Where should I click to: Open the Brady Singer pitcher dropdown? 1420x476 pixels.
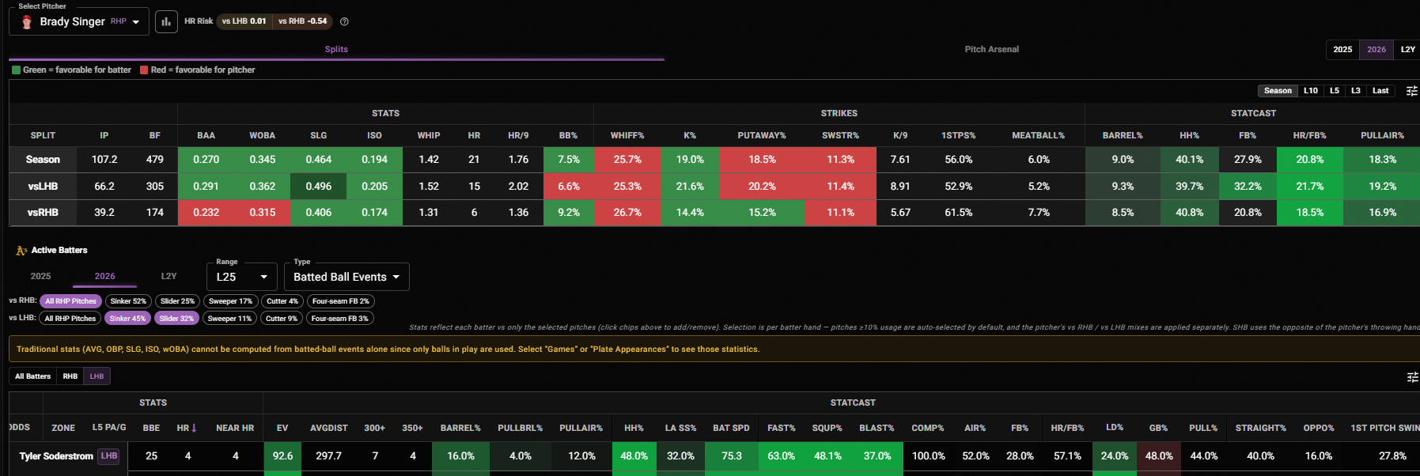click(78, 21)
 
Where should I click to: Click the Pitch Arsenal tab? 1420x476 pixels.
click(991, 49)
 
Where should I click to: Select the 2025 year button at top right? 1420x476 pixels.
click(1342, 49)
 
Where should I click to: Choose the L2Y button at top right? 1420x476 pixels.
click(1408, 49)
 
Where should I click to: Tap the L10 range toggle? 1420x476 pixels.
click(1311, 91)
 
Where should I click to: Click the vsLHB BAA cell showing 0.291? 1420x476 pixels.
click(206, 187)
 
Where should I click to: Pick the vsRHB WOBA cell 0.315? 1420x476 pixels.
click(263, 213)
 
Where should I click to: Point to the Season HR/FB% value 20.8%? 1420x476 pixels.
click(1309, 160)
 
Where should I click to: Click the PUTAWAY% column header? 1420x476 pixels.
click(762, 136)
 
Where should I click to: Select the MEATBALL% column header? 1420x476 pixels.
click(1038, 136)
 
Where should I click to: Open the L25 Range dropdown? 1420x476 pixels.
click(242, 277)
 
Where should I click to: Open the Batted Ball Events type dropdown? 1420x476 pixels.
click(346, 277)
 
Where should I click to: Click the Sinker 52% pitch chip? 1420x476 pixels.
click(128, 301)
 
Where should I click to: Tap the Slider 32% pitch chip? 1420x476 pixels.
click(176, 319)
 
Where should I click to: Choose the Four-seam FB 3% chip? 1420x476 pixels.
click(340, 319)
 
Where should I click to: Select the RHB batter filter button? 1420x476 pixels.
click(70, 376)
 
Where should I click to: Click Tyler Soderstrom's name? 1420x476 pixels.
click(56, 456)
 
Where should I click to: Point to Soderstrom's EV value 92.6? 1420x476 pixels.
click(282, 456)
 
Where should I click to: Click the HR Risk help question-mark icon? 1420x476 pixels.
click(344, 21)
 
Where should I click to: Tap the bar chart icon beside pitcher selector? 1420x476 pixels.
click(166, 21)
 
